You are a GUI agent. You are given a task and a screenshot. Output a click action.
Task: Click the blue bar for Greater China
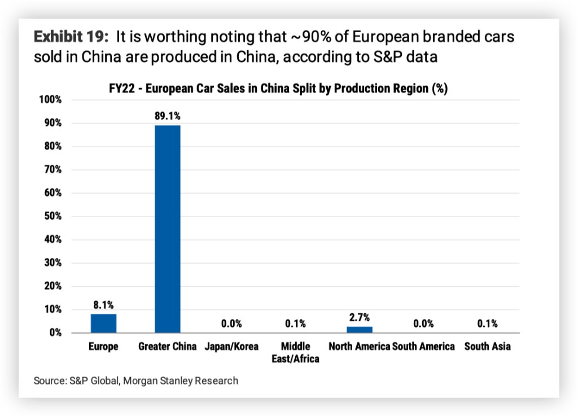pos(168,229)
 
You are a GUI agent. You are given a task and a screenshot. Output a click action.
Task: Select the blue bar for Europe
pos(103,323)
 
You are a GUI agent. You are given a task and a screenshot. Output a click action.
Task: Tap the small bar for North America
pos(360,330)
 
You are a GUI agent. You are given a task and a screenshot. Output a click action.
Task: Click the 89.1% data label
pos(168,116)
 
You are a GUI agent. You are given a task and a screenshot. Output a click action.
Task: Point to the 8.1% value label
pos(103,305)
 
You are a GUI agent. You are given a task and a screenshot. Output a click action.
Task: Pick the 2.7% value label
pos(360,317)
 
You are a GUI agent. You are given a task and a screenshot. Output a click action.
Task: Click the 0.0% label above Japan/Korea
pos(231,323)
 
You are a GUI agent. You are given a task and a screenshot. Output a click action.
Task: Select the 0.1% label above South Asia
pos(487,323)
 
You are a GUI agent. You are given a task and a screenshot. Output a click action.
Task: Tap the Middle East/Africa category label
pos(295,352)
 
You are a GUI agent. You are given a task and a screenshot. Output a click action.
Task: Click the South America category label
pos(423,347)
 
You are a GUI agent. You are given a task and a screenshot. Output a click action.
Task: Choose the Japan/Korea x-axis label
pos(231,347)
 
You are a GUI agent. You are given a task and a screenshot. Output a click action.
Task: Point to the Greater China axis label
pos(168,347)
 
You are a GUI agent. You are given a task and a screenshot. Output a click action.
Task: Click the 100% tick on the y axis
pos(50,100)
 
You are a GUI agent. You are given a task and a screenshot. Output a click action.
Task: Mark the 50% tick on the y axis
pos(52,216)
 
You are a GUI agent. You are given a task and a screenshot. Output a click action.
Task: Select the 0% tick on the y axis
pos(55,333)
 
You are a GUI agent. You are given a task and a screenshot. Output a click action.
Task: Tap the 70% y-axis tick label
pos(52,170)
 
